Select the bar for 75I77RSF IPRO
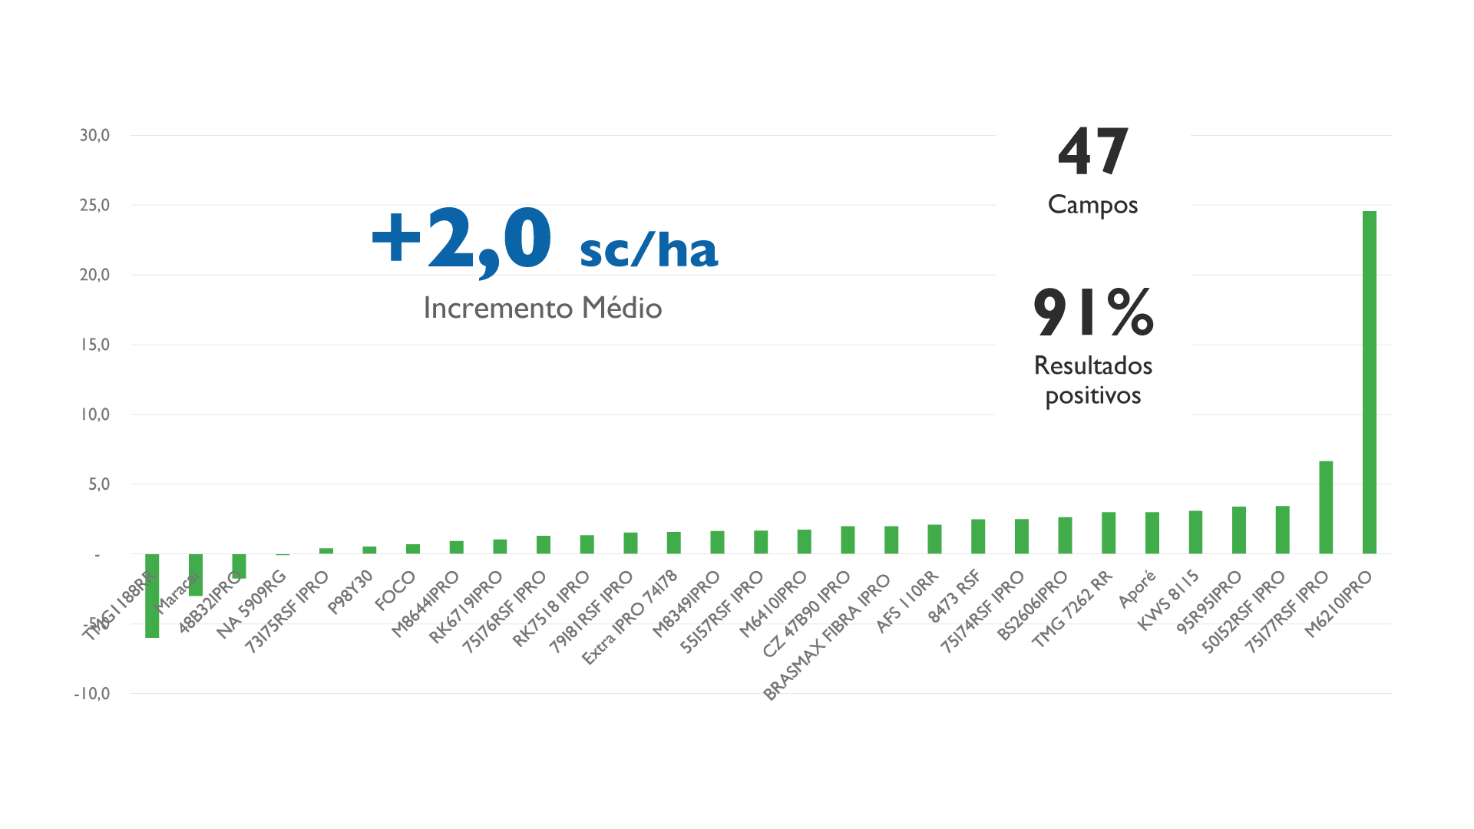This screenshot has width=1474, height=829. coord(1326,507)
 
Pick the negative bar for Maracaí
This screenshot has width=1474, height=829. coord(196,575)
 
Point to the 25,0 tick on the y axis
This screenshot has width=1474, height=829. coord(95,205)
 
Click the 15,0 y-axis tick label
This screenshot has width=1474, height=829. coord(95,345)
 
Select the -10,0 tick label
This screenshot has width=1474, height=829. coord(92,694)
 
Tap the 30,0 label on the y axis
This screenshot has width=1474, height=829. coord(95,136)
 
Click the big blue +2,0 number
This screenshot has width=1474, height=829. coord(461,239)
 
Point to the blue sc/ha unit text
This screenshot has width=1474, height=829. coord(649,250)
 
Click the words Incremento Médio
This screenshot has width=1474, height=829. coord(543,308)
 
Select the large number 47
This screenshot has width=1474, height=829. coord(1092,152)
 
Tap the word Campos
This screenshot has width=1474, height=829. coord(1092,205)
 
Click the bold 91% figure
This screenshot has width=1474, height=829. coord(1093,312)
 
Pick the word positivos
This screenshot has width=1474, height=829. coord(1093,396)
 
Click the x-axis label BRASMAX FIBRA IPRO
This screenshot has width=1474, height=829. coord(828,637)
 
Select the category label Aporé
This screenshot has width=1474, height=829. coord(1138,590)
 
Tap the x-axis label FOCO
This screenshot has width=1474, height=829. coord(395,591)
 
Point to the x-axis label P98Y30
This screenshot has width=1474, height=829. coord(351,592)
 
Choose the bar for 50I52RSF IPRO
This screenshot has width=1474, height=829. coord(1282,530)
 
